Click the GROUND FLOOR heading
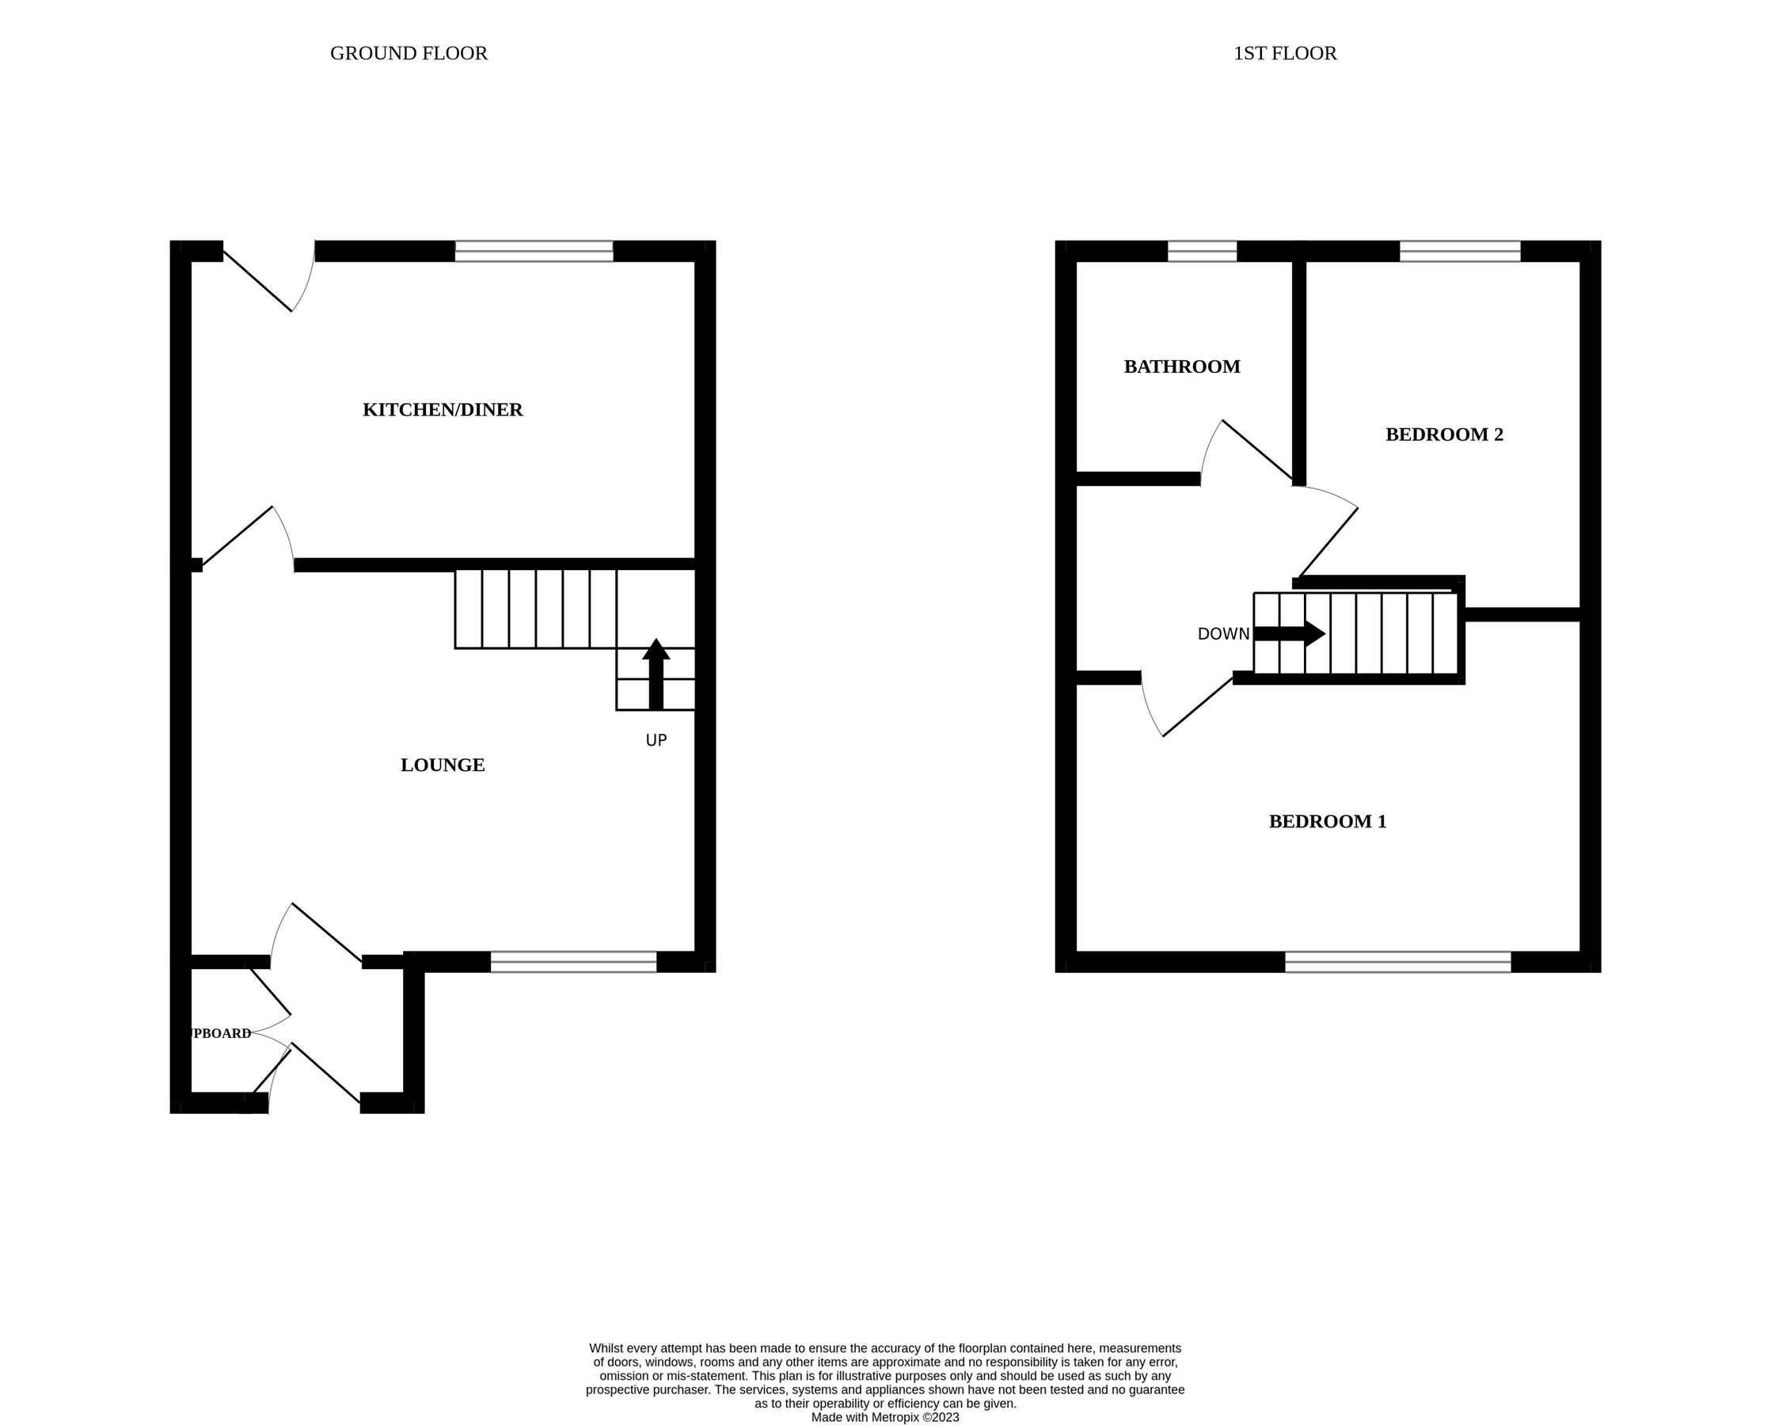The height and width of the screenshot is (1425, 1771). pos(409,53)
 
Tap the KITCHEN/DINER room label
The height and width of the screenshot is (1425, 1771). pos(442,410)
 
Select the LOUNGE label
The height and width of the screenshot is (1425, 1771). pos(442,766)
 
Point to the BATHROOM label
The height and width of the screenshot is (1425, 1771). pos(1181,367)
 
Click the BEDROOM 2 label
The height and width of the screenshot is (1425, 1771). pos(1443,435)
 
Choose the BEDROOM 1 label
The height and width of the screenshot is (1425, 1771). pos(1327,821)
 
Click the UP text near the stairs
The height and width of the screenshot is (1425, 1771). pos(656,741)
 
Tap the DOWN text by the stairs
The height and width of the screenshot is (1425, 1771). pos(1222,634)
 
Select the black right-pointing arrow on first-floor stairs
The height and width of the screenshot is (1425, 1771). pos(1289,633)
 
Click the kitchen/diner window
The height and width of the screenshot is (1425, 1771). pos(534,251)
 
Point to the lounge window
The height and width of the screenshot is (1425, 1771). pos(573,962)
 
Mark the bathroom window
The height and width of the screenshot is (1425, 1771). pos(1202,251)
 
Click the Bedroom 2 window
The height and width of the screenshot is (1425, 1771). pos(1459,251)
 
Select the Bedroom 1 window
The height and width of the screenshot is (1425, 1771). pos(1397,962)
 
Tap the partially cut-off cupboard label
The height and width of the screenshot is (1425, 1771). pos(220,1033)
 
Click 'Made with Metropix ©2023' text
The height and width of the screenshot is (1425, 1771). pos(884,1417)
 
